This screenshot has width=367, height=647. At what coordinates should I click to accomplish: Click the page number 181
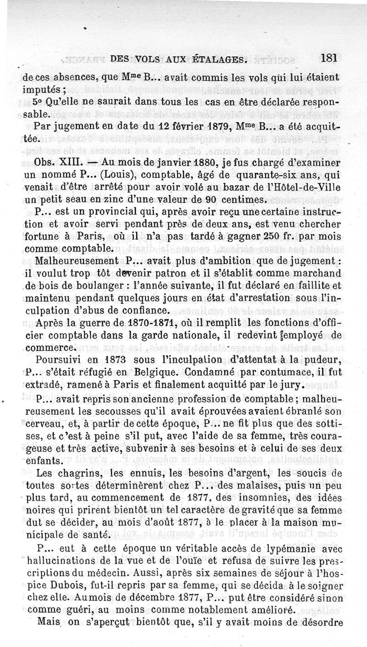[329, 58]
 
